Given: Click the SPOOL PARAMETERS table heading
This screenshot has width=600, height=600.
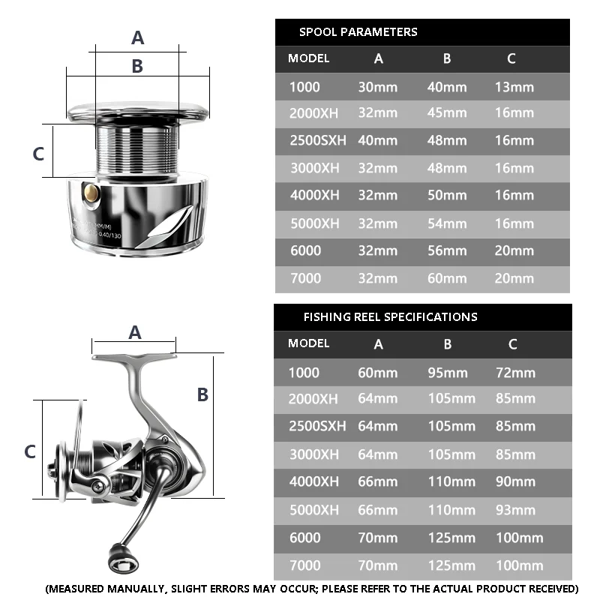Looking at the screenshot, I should [x=358, y=31].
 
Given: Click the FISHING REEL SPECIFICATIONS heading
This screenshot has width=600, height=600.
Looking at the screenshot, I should [x=390, y=316].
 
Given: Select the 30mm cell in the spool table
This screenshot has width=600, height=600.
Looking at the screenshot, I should [x=377, y=87].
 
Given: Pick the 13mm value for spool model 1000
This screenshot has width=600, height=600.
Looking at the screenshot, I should [x=514, y=87].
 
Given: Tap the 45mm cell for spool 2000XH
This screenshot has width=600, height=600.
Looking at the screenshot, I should [x=447, y=113].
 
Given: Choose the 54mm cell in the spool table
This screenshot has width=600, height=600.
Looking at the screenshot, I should [x=447, y=223].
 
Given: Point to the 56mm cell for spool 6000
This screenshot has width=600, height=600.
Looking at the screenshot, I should [x=447, y=251].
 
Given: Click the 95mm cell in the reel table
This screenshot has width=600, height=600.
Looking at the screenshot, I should [x=448, y=373].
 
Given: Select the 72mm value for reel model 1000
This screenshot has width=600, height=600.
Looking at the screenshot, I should [x=515, y=373].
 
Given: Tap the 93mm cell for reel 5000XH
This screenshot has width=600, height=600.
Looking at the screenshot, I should [x=515, y=510].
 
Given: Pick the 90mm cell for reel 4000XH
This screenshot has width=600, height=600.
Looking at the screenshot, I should [x=515, y=482].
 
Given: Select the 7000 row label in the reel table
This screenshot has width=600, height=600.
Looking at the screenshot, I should [x=304, y=565].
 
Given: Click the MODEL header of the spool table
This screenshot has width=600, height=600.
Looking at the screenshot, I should [x=308, y=58].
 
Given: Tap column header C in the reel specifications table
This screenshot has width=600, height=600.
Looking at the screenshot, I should [x=513, y=344].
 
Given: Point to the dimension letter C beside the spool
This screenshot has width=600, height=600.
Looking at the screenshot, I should [x=39, y=153].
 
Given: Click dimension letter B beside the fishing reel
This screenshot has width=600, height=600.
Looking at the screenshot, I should [x=202, y=394].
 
